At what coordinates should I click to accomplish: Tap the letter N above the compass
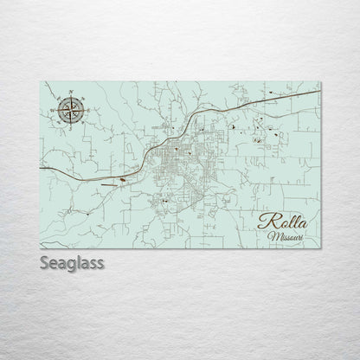click(69, 93)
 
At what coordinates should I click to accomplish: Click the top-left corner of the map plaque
click(40, 80)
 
